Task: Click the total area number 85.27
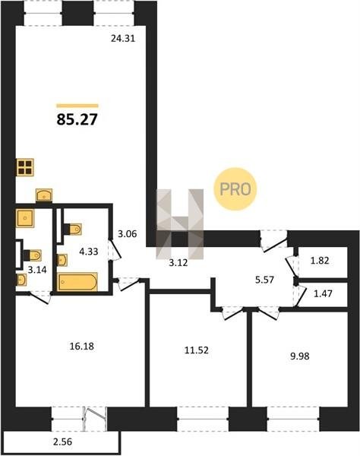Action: coord(77,119)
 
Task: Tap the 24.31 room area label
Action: coord(123,39)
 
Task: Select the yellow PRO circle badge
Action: coord(235,189)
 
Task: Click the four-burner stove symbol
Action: coord(25,167)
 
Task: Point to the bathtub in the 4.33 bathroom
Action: coord(77,281)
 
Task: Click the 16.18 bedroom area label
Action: coord(82,347)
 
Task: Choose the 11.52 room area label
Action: coord(197,350)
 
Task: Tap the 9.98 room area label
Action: coord(300,356)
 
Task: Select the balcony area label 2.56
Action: coord(62,442)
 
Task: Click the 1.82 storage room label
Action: coord(320,261)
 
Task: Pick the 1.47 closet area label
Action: coord(323,293)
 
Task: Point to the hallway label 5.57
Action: coord(264,280)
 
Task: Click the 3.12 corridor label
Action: coord(178,263)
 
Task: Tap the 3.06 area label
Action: coord(128,233)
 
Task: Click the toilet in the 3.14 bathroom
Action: coord(33,255)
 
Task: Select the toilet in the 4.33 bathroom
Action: coord(73,230)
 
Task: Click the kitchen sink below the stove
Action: coord(44,195)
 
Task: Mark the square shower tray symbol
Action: coord(25,218)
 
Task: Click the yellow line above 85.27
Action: coord(77,106)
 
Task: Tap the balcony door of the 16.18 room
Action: coord(95,419)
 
